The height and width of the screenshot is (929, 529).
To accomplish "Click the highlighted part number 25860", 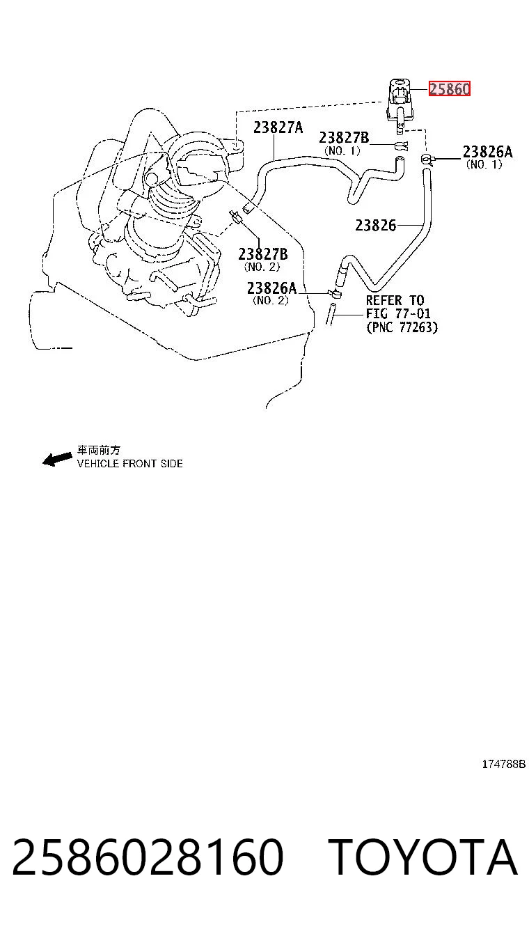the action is pyautogui.click(x=450, y=88).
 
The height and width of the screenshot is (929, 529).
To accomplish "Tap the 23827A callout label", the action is pyautogui.click(x=278, y=127).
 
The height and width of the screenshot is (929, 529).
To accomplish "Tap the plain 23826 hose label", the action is pyautogui.click(x=376, y=225).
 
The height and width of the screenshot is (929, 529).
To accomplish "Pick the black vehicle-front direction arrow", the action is pyautogui.click(x=57, y=459).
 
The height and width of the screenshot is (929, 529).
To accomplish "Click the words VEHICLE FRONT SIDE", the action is pyautogui.click(x=129, y=463).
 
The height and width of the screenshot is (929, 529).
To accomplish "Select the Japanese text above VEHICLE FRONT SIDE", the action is pyautogui.click(x=99, y=450).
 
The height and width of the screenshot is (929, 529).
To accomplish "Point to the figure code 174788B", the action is pyautogui.click(x=503, y=764).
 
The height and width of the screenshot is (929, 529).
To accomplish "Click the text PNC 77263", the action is pyautogui.click(x=402, y=327).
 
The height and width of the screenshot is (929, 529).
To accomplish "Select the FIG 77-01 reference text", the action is pyautogui.click(x=398, y=313).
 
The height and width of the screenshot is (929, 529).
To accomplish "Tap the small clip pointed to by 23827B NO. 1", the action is pyautogui.click(x=401, y=146).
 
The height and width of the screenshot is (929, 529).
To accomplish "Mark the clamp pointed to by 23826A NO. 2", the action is pyautogui.click(x=335, y=294).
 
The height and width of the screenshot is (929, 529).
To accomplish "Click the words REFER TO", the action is pyautogui.click(x=395, y=300).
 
